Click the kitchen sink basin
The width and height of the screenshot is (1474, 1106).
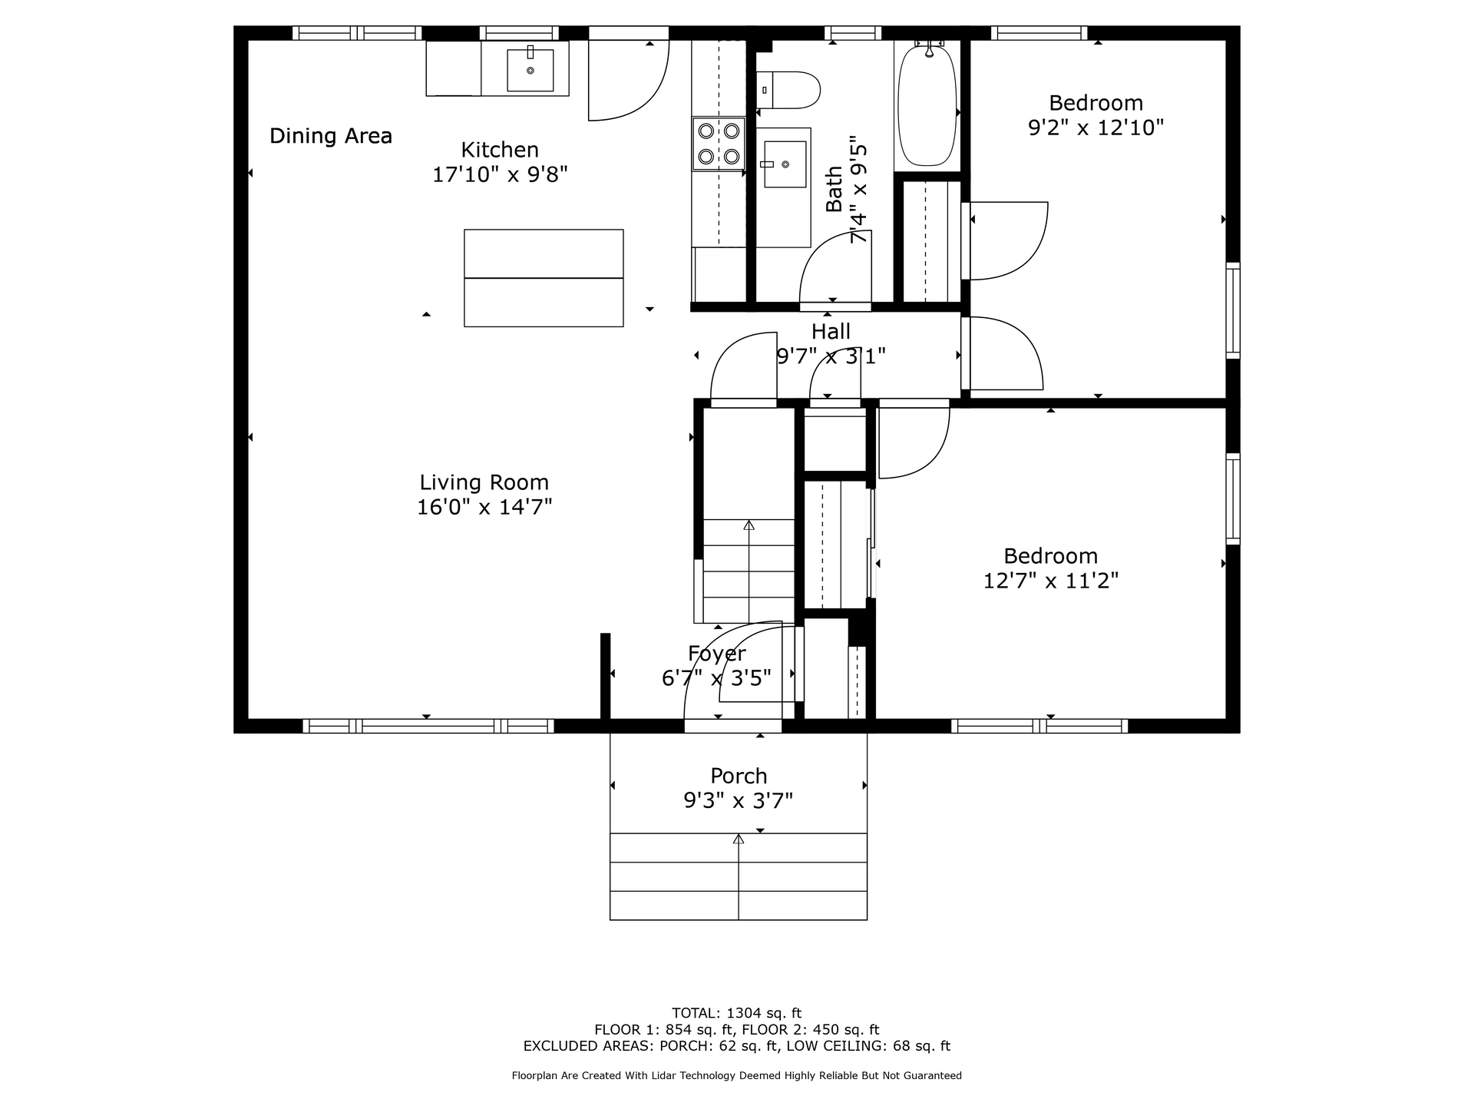530,70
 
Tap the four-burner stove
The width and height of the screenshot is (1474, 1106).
719,144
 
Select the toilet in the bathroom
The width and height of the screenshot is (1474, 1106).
788,90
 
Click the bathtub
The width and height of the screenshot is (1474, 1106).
927,104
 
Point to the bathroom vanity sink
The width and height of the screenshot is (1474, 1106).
785,164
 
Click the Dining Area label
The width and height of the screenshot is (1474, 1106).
331,136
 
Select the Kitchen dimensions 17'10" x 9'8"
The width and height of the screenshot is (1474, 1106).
500,174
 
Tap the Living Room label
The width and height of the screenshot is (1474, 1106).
484,482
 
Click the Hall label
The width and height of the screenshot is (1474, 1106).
831,332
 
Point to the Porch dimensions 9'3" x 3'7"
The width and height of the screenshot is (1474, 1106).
739,801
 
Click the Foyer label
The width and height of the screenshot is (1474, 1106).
717,654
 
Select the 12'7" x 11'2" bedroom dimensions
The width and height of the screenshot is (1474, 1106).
1051,580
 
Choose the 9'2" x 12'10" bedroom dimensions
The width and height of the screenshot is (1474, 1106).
1096,127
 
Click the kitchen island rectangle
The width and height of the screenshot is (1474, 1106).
544,278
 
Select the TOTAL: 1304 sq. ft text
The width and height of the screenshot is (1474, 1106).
737,1013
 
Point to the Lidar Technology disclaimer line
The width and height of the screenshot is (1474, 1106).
737,1075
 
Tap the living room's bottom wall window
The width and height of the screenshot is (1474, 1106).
428,726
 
